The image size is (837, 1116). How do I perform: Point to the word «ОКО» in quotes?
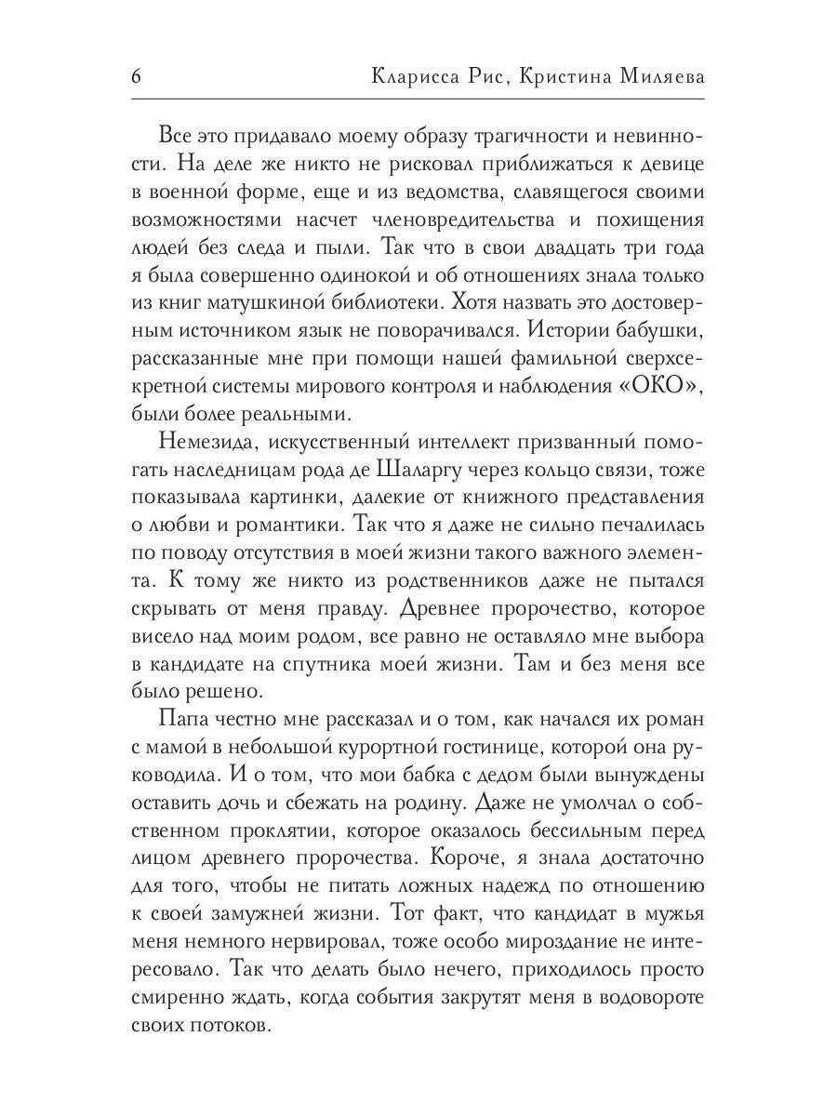pyautogui.click(x=655, y=385)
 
